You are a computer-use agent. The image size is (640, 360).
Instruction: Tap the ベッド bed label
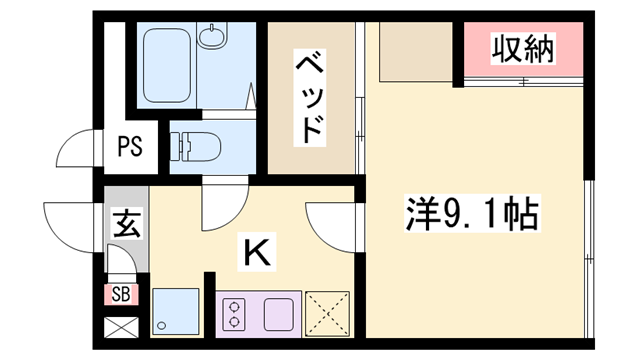click(311, 99)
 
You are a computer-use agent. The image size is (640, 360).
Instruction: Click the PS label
click(130, 146)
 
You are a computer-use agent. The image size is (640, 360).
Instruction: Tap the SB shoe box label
click(121, 294)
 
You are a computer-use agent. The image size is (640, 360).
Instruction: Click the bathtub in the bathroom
click(171, 63)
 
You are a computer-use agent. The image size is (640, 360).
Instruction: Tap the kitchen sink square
click(173, 313)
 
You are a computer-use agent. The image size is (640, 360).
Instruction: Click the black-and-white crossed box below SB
click(121, 327)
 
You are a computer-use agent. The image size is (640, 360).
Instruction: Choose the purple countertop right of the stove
click(279, 313)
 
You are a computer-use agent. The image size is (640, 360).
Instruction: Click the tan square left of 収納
click(412, 50)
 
